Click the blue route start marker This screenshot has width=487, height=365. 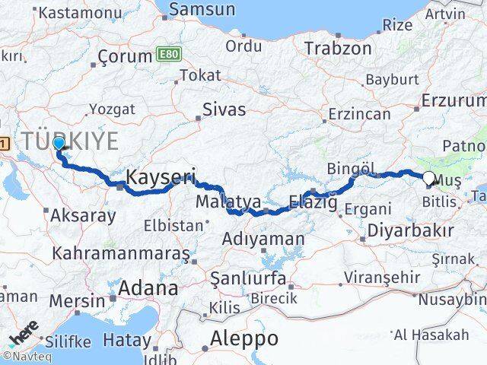59,142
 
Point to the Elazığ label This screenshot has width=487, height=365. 312,202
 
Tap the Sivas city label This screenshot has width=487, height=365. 224,109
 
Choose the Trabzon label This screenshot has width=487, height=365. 338,49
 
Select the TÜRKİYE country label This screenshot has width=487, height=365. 70,141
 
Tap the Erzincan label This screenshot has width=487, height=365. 359,114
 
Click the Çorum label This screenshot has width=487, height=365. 126,57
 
